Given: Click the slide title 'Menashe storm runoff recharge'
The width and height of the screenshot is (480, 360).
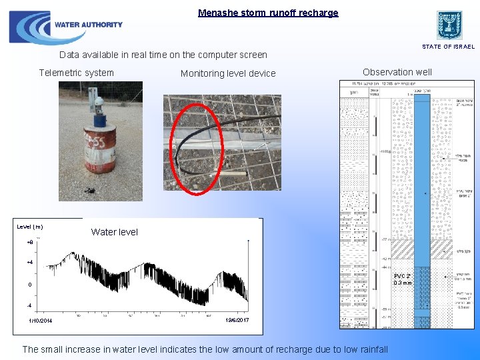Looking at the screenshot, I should point(268,13).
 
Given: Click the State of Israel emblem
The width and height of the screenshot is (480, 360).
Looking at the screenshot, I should point(449,25).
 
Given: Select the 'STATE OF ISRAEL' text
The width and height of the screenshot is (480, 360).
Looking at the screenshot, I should point(448,47).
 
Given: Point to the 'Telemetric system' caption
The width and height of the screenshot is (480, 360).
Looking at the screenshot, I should point(77,73).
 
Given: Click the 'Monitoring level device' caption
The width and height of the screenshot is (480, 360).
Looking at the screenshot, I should point(228,73).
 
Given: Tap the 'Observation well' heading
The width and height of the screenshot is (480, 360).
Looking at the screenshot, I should point(397,72).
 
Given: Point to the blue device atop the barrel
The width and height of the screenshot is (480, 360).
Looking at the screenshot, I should point(100,119).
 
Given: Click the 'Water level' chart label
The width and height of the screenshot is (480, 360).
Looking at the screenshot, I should point(115,232).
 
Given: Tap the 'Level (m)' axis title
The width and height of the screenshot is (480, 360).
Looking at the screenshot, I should point(30,227).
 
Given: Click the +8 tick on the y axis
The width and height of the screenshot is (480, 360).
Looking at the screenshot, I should point(29,242).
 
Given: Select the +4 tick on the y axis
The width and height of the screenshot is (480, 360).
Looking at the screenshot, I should point(29,263).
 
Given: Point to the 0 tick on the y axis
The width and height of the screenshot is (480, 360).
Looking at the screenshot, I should point(29,285).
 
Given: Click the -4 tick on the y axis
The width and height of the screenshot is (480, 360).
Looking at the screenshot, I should point(29,305).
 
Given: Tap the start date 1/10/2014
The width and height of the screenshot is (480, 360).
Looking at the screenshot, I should point(40,321).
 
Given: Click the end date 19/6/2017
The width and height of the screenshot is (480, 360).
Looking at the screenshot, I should point(237,321).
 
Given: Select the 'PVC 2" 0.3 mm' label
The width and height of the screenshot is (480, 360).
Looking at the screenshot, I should point(403,279).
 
